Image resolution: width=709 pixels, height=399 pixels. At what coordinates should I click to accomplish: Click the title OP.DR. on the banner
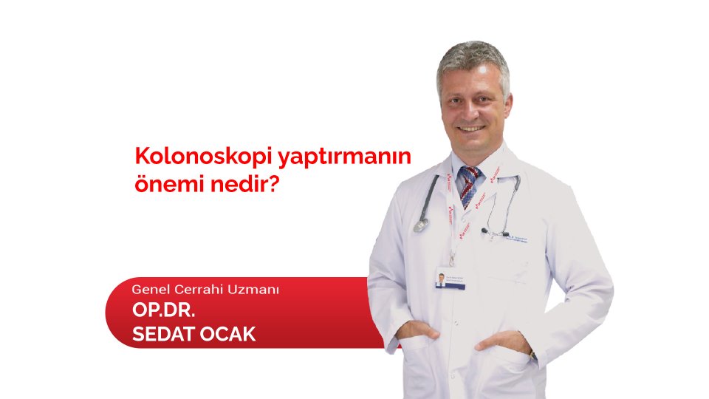(x=163, y=310)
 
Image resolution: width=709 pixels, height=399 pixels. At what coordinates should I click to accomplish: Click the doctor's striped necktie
(x=470, y=185)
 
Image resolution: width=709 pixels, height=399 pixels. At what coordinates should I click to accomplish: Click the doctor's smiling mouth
(x=473, y=127)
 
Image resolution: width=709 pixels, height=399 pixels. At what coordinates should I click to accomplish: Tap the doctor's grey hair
(x=473, y=58)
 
